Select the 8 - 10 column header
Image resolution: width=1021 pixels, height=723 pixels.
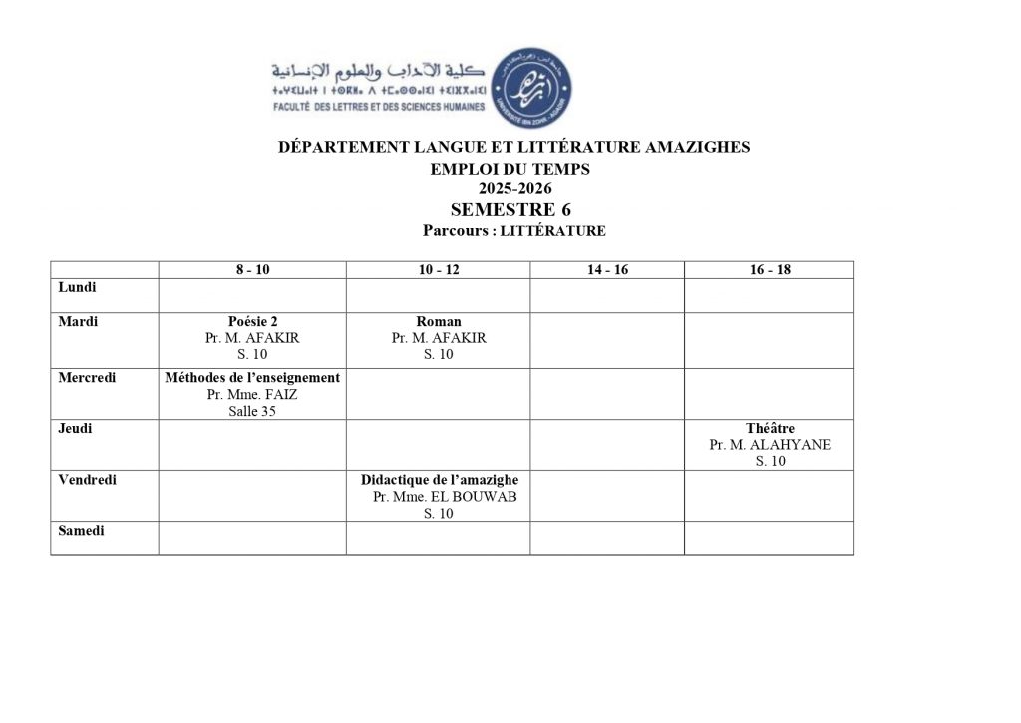click(252, 270)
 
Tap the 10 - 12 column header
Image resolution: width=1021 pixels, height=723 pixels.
click(438, 270)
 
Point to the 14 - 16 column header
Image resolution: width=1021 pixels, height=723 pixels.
click(606, 270)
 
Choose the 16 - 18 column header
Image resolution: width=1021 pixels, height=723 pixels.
click(769, 270)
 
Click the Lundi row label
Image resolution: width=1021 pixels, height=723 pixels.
click(77, 287)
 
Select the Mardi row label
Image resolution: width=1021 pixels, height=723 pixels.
click(78, 321)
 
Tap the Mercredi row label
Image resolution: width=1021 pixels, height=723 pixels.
click(87, 377)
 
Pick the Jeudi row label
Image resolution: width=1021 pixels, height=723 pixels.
click(75, 428)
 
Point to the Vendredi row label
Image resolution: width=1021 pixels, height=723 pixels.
click(87, 479)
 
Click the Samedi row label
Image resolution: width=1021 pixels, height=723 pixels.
click(81, 530)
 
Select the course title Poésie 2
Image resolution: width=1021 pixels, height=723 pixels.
click(252, 322)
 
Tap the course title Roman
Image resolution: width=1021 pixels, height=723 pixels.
click(438, 322)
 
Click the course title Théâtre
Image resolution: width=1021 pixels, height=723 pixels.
click(770, 429)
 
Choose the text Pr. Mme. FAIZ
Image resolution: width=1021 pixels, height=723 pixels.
click(252, 394)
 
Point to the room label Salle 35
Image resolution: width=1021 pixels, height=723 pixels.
click(252, 411)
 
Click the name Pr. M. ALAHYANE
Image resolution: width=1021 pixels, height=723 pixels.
click(770, 445)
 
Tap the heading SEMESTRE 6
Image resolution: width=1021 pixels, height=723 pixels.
click(510, 209)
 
